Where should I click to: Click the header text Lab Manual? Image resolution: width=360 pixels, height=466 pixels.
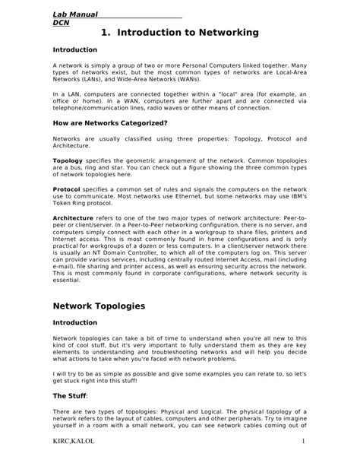click(x=74, y=14)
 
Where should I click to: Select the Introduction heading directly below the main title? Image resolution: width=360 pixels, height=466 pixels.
click(x=74, y=50)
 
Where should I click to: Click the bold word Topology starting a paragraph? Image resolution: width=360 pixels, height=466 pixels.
click(x=68, y=162)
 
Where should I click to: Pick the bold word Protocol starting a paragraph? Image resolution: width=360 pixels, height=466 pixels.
click(x=68, y=189)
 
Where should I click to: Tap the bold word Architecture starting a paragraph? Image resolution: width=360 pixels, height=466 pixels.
click(x=73, y=217)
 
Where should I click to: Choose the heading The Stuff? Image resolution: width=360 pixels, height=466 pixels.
click(x=70, y=396)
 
